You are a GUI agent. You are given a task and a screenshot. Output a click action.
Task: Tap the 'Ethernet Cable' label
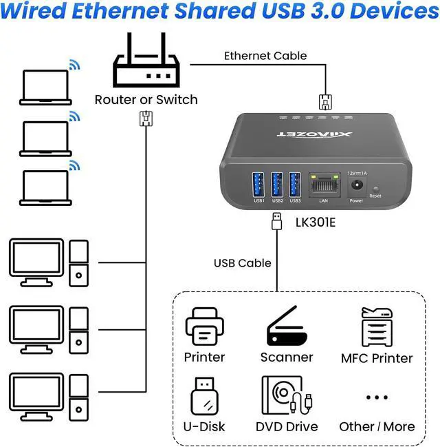265,56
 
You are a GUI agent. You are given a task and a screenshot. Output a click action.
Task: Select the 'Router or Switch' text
146,100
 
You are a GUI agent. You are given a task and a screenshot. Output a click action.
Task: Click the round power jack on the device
356,185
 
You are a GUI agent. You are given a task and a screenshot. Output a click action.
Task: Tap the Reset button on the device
375,188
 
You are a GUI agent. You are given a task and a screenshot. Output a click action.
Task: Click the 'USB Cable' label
242,263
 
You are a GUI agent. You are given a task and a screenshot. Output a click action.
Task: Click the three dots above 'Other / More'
377,397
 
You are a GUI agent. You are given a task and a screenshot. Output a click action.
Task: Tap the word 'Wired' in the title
41,12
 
